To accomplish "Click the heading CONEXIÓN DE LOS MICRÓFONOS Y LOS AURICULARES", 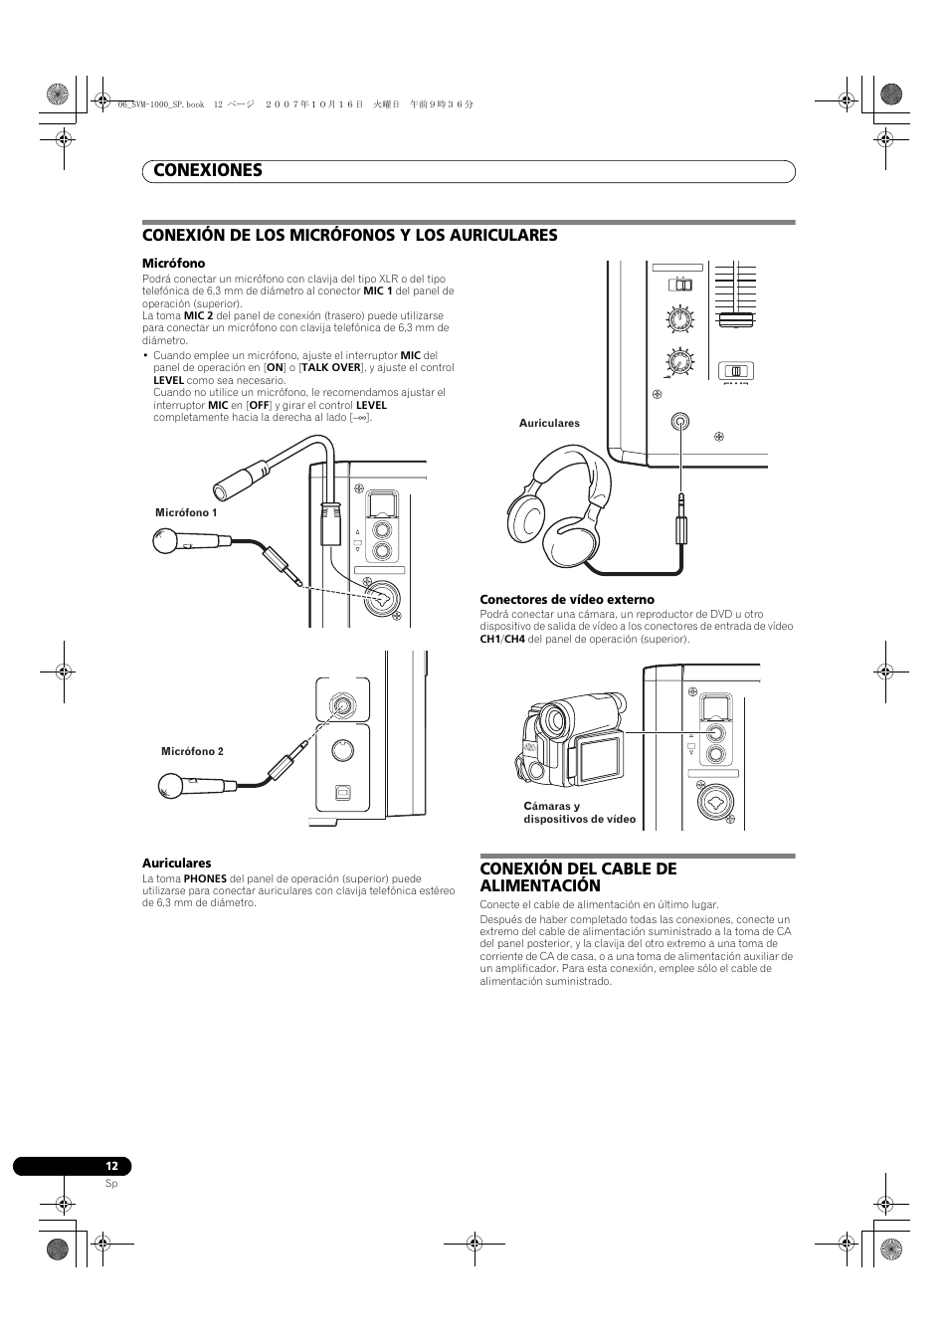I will [x=349, y=235].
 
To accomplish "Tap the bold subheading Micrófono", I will [x=173, y=264].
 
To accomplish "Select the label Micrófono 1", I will [x=186, y=513].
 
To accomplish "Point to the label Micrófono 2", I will [x=192, y=752].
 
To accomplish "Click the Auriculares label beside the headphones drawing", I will [x=549, y=424].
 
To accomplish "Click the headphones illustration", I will [x=557, y=502].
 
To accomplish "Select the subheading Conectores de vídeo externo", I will [x=567, y=599].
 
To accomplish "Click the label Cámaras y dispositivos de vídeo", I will [x=579, y=813].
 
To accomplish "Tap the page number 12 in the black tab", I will [x=112, y=1167].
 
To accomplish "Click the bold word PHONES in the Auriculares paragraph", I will [x=205, y=879].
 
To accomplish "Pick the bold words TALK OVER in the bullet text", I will [x=331, y=368].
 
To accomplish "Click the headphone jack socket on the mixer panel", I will [x=679, y=422].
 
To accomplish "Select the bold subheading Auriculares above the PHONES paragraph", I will [x=176, y=864].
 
